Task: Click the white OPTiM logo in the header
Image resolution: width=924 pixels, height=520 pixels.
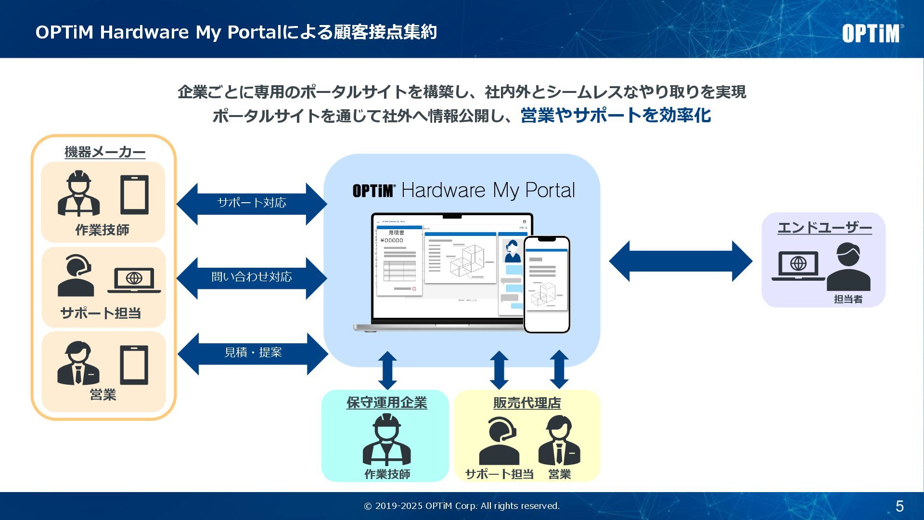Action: point(872,33)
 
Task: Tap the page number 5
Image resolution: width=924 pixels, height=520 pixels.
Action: point(899,506)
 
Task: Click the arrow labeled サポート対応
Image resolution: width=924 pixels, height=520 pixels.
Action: point(252,203)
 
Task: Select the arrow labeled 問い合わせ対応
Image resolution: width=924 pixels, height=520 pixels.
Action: point(252,277)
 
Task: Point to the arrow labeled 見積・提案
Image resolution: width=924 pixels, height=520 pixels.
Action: point(253,353)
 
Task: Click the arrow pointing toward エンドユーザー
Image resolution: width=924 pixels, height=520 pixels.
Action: point(680,261)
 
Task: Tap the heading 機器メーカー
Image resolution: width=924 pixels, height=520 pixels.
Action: point(105,152)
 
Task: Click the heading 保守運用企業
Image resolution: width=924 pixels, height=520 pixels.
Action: point(386,403)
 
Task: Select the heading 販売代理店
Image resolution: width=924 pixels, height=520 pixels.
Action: point(527,403)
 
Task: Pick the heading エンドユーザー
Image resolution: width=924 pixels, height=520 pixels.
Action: point(824,228)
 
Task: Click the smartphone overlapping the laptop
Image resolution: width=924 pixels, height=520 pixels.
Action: point(547,284)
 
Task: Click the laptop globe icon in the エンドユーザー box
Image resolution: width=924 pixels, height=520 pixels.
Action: point(798,265)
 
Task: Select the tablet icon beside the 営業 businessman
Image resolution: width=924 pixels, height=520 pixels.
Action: point(134,364)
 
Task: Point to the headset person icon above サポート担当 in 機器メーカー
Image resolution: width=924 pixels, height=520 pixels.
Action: point(77,275)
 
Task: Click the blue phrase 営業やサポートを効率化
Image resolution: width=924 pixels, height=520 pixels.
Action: point(616,116)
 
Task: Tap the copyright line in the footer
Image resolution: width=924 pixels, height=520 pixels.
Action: point(462,506)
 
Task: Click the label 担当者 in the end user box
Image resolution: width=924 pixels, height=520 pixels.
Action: point(848,299)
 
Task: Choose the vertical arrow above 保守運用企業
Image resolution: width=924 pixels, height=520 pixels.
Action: point(387,370)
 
